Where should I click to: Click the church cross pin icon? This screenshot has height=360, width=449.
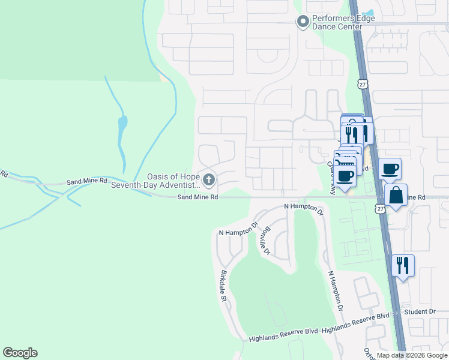click(208, 179)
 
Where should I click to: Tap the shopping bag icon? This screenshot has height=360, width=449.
click(396, 196)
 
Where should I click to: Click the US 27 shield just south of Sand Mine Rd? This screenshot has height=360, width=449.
click(381, 208)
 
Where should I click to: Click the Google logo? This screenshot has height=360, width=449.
click(20, 353)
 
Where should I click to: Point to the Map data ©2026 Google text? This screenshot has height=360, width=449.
click(411, 355)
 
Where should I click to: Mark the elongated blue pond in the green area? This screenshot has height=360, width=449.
click(122, 127)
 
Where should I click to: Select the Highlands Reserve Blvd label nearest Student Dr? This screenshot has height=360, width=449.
click(355, 328)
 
